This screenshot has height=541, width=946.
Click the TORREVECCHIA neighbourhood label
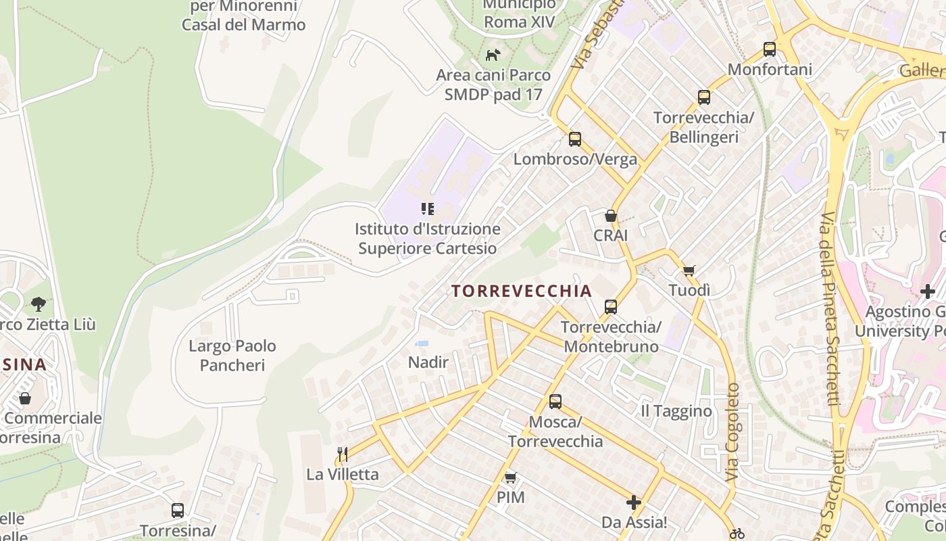521,291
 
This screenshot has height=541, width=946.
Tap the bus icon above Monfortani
770,49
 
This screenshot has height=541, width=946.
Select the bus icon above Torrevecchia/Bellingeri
704,97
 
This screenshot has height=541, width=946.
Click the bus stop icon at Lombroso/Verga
575,139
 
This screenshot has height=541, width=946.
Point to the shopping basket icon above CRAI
611,216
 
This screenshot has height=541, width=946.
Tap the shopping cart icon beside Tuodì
689,271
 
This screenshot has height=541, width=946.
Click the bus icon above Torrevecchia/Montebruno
611,307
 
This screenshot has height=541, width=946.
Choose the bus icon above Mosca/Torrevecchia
555,402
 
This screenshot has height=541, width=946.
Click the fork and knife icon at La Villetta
343,454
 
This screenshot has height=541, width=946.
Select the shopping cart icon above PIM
511,477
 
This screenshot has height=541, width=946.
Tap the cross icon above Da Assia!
634,502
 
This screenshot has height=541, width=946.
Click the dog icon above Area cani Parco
493,54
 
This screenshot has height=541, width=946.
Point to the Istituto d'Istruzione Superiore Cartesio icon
428,209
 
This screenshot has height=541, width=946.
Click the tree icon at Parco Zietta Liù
39,304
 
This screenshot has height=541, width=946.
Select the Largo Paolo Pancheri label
232,356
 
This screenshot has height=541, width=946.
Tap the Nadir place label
428,362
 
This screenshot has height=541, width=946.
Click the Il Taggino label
676,411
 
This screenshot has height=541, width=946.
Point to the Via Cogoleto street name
733,433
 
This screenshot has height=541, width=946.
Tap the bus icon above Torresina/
178,511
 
